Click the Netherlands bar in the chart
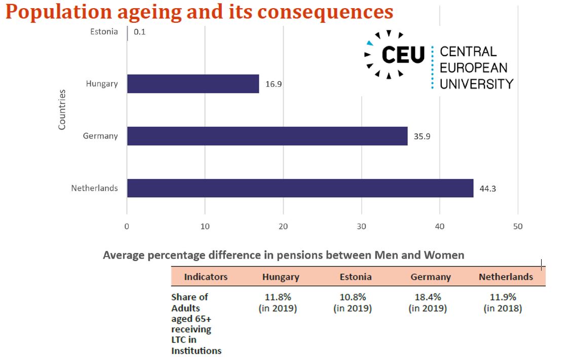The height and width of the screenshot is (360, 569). pyautogui.click(x=300, y=188)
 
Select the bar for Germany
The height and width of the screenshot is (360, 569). pyautogui.click(x=267, y=136)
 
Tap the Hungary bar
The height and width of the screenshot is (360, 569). pyautogui.click(x=193, y=84)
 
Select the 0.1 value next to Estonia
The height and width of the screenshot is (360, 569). pyautogui.click(x=139, y=32)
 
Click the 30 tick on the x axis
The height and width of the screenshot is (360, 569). pyautogui.click(x=361, y=227)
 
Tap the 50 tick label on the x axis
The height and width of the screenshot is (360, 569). pyautogui.click(x=517, y=227)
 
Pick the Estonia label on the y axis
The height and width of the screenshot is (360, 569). pyautogui.click(x=104, y=31)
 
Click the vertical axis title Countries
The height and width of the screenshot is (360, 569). pyautogui.click(x=62, y=110)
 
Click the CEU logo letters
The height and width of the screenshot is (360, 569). pyautogui.click(x=403, y=54)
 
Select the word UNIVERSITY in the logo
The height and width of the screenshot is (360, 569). pyautogui.click(x=476, y=84)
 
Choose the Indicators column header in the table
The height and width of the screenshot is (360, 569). pyautogui.click(x=206, y=277)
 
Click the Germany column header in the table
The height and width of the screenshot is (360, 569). pyautogui.click(x=431, y=277)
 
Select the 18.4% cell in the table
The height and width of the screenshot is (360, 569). pyautogui.click(x=428, y=302)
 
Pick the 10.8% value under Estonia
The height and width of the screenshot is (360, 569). pyautogui.click(x=353, y=302)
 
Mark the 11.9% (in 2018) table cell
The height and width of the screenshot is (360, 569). pyautogui.click(x=503, y=302)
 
